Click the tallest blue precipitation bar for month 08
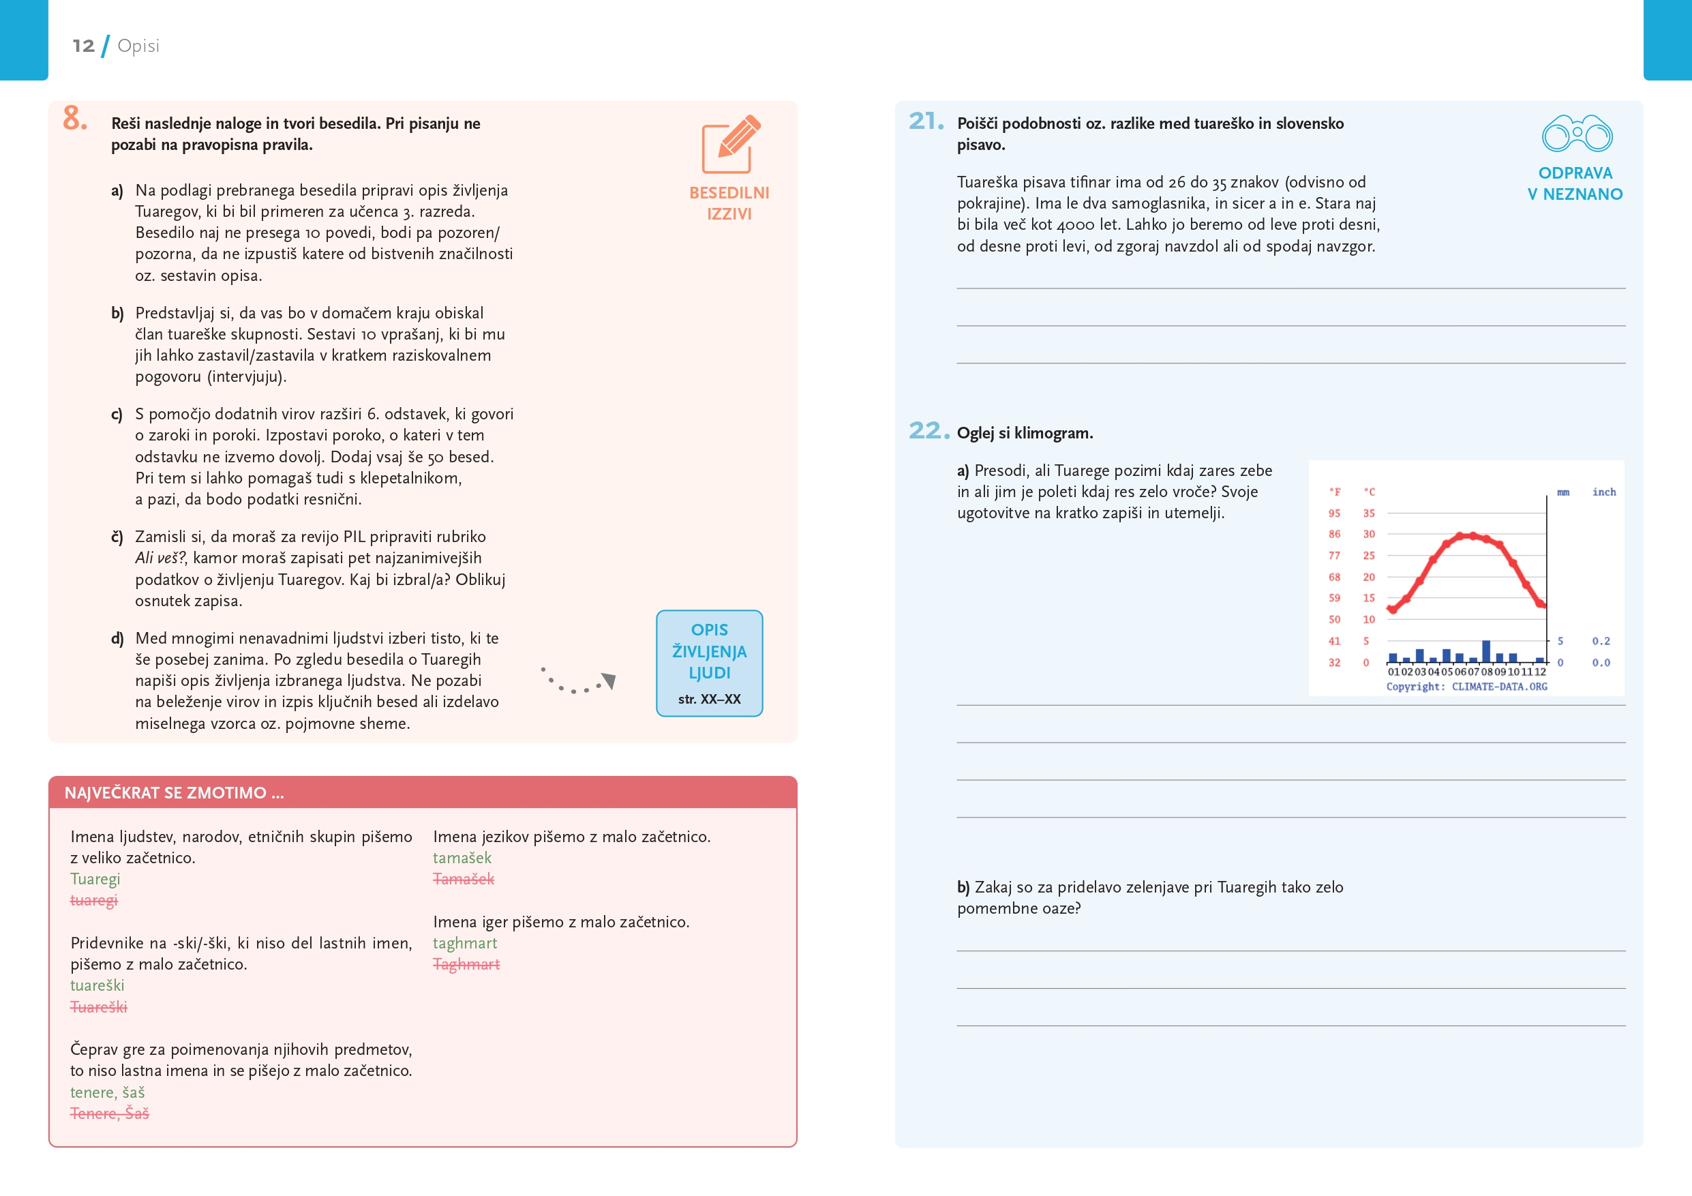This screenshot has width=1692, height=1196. [1485, 651]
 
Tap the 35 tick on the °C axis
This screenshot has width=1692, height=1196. [1368, 513]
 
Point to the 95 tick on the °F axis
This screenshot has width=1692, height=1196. [1334, 513]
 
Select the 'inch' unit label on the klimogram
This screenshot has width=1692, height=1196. [1603, 492]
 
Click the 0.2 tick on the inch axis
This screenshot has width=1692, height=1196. [1601, 641]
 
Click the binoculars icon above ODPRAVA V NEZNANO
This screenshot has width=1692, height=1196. [1577, 134]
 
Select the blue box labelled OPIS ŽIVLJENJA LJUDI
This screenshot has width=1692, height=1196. [709, 663]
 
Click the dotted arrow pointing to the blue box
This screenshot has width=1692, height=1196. [579, 683]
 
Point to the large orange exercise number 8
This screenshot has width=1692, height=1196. [74, 118]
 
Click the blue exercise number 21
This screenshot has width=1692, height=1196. [926, 121]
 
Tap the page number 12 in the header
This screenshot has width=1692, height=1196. [83, 46]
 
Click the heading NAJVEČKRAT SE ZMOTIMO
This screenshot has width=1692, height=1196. [174, 793]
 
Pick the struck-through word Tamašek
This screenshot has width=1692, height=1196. [463, 878]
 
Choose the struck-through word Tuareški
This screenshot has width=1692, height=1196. [98, 1006]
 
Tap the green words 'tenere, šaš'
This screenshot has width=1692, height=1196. [108, 1092]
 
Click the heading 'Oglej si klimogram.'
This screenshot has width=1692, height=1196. [1025, 433]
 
